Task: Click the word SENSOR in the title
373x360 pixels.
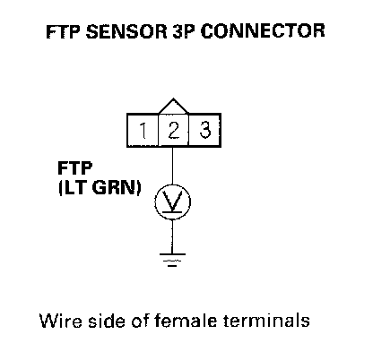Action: tap(126, 31)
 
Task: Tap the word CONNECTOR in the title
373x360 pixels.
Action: tap(263, 30)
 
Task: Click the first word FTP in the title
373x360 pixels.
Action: tap(64, 31)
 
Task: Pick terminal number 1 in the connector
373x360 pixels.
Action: tap(143, 131)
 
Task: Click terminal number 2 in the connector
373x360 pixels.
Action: tap(174, 130)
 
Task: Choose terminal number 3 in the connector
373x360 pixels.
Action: tap(205, 130)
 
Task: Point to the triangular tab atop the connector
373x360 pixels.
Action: tap(173, 106)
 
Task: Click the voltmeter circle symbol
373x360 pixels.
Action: tap(172, 201)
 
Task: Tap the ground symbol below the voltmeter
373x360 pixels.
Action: tap(172, 259)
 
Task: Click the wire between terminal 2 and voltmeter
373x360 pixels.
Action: tap(172, 166)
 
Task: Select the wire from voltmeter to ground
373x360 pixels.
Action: tap(172, 236)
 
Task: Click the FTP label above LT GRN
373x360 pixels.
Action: tap(74, 167)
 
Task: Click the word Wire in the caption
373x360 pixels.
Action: tap(61, 321)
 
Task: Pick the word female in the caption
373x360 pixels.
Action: tap(185, 321)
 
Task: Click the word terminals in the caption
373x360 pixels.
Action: tap(266, 321)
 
